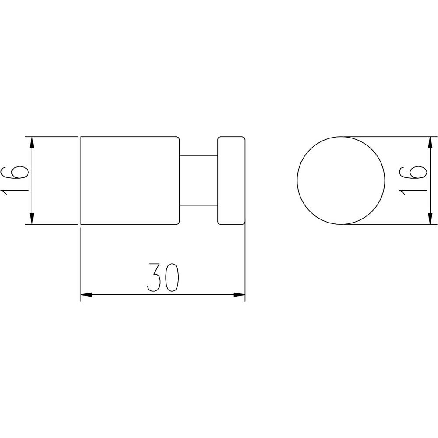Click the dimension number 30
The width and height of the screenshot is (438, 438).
pos(162,277)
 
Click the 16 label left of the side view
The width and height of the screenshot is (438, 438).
pos(15,180)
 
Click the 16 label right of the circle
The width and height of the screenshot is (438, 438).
pos(413,180)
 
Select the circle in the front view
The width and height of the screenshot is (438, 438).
pos(297,180)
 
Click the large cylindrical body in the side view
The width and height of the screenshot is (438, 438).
pos(130,180)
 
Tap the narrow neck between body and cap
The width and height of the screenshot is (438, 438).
pos(198,180)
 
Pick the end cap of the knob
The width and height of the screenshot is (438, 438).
pos(231,180)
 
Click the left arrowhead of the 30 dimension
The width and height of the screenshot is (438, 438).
pos(86,294)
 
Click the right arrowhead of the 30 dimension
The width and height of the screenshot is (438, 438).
pos(240,294)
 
